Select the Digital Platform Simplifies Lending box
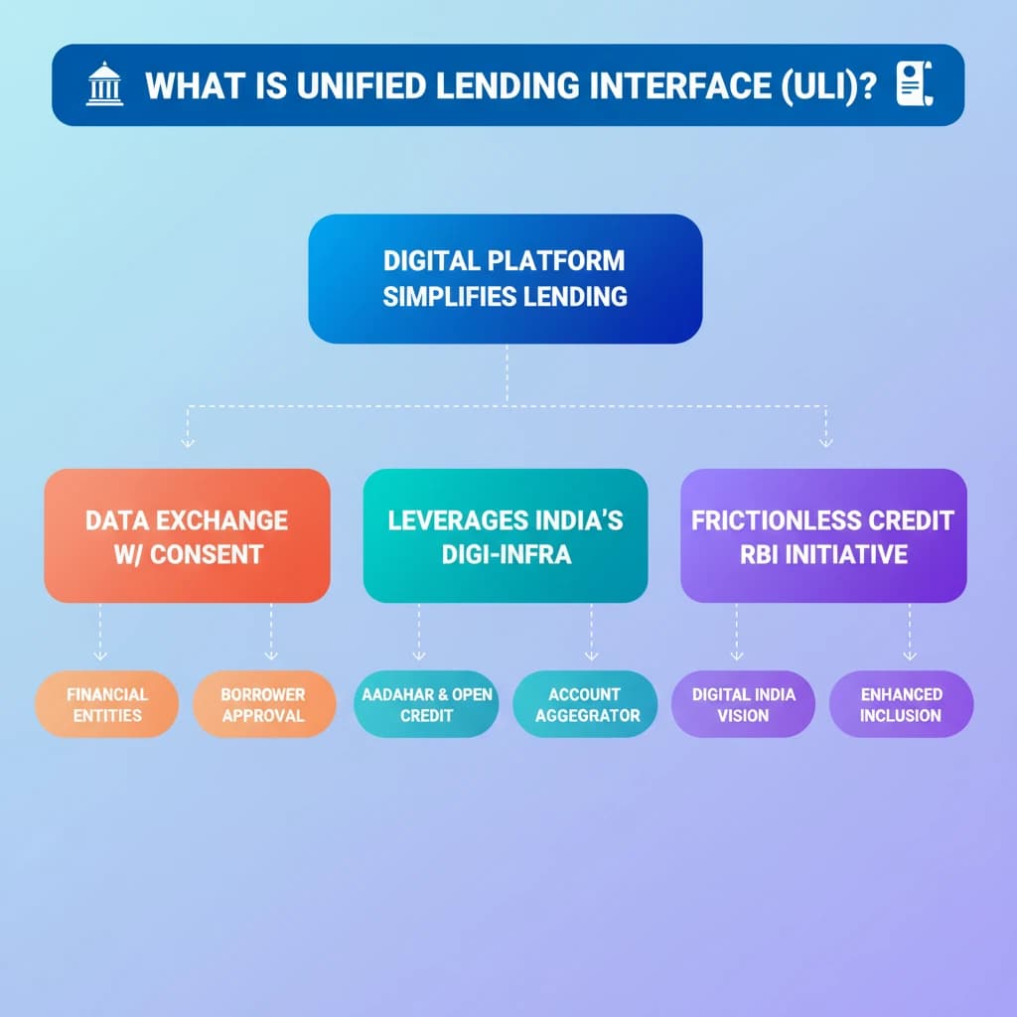[x=505, y=279]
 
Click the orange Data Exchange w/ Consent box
[x=187, y=536]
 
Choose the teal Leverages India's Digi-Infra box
[x=505, y=536]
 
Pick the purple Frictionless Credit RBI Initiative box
[x=822, y=536]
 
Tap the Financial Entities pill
[x=106, y=704]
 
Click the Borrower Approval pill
[x=263, y=704]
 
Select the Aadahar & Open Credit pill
[x=425, y=704]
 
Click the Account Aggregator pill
[x=584, y=704]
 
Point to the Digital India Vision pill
[x=743, y=704]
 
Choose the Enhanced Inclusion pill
[x=901, y=704]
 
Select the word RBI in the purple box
[x=759, y=553]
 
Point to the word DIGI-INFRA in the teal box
[x=506, y=553]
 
